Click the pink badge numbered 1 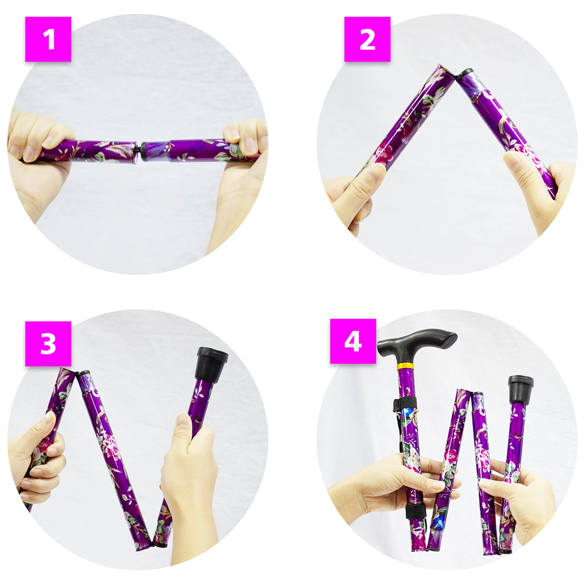[48, 39]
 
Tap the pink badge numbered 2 [367, 39]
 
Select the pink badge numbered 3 [48, 343]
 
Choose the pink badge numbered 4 [353, 341]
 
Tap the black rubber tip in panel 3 [211, 364]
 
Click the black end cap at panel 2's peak [465, 74]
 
